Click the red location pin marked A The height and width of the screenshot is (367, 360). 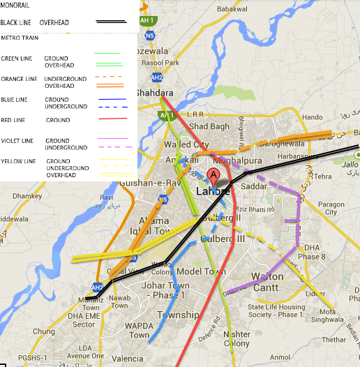213,176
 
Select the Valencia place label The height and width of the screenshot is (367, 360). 127,359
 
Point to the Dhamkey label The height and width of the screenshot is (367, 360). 28,197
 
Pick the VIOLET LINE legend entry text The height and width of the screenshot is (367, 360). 17,141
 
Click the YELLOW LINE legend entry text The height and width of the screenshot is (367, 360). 19,161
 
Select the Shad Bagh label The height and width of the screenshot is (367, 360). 209,126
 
